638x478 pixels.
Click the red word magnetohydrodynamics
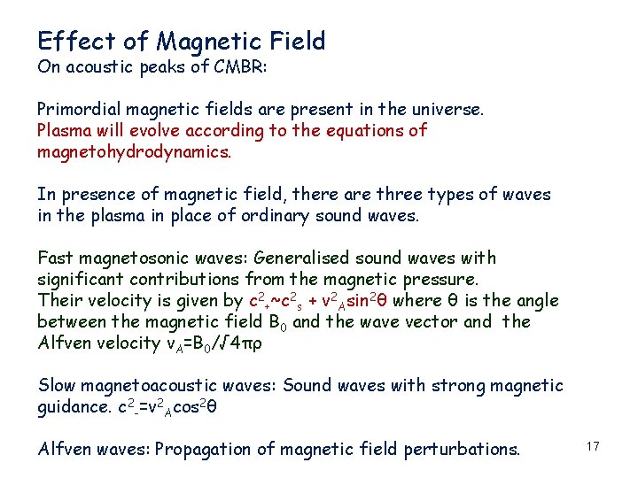click(134, 152)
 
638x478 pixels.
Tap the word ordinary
click(294, 216)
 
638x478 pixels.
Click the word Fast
click(54, 258)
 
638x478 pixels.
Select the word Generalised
click(302, 258)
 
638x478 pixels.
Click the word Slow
click(56, 386)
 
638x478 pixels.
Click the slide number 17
click(593, 447)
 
